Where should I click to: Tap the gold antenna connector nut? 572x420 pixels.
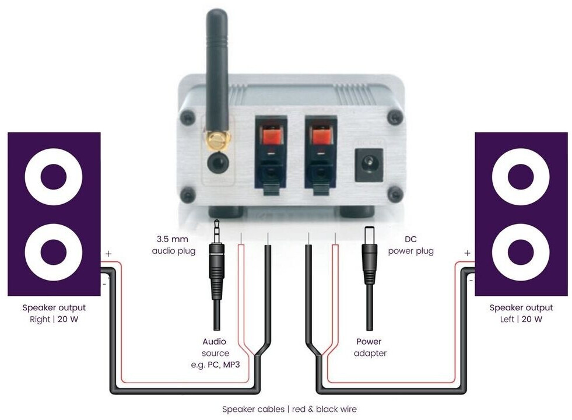(x=217, y=139)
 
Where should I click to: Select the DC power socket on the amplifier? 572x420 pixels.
(x=369, y=160)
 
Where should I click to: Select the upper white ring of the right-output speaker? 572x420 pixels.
(x=54, y=177)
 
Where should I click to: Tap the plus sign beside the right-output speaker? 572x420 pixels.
(x=108, y=254)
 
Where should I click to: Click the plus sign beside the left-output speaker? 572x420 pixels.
(x=466, y=253)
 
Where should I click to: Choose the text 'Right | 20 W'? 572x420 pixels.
(x=54, y=319)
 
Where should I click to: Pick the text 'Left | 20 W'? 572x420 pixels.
(x=521, y=319)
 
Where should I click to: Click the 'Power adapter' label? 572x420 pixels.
(x=370, y=347)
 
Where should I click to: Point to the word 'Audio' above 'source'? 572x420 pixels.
(x=214, y=341)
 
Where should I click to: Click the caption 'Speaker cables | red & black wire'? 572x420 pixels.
(x=289, y=409)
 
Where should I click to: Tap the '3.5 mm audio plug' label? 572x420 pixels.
(x=171, y=245)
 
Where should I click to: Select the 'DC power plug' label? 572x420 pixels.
(x=411, y=245)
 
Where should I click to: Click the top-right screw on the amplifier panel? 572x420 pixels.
(x=395, y=118)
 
